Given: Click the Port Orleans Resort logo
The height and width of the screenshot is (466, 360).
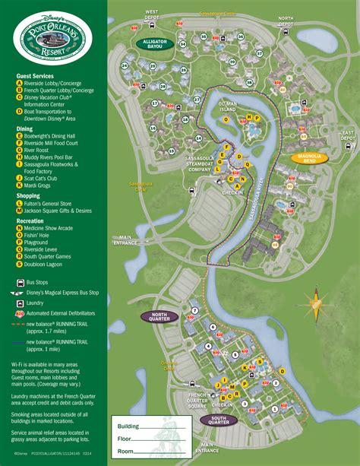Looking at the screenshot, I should coord(52,36).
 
